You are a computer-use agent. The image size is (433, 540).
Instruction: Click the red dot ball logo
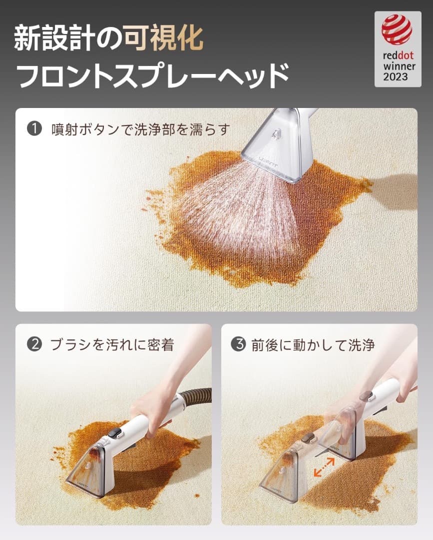point(397,29)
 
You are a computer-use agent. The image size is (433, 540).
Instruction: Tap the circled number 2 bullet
point(34,345)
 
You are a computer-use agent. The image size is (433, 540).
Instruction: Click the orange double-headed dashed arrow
point(324,467)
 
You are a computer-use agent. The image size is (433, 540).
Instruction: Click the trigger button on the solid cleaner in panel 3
point(368,395)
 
